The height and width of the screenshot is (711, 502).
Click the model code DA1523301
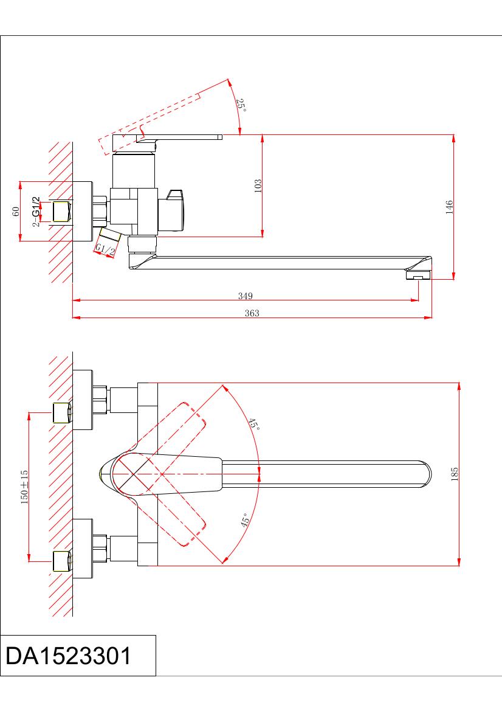point(68,656)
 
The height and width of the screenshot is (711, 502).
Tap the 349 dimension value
point(245,296)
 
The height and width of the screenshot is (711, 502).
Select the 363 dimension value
point(252,313)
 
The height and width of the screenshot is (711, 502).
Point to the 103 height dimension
point(258,186)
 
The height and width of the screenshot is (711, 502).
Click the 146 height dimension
point(449,207)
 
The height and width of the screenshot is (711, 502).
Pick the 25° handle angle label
point(241,105)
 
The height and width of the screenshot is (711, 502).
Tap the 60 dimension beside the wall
point(16,211)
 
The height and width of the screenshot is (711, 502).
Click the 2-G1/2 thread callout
point(36,212)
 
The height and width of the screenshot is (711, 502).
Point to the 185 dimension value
point(455,474)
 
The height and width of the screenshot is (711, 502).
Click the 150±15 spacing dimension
point(24,487)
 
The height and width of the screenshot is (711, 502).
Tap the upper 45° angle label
point(253,424)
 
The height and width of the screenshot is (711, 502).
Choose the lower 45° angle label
point(245,520)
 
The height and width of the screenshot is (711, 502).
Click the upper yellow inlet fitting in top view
point(62,412)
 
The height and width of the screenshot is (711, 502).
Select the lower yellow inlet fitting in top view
point(62,561)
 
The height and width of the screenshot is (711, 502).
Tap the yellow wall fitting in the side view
point(62,211)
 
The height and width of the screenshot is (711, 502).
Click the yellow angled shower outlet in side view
point(109,235)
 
